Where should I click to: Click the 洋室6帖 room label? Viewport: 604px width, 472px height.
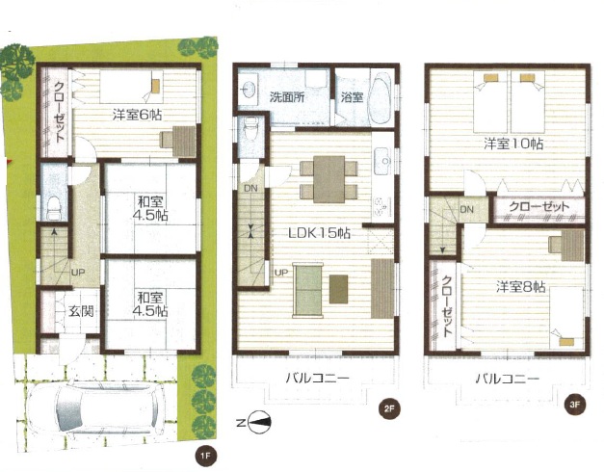(137, 115)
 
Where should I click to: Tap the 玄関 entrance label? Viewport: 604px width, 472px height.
(81, 311)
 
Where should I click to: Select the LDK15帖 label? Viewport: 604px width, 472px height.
(319, 233)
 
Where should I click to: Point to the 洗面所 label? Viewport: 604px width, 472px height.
(287, 97)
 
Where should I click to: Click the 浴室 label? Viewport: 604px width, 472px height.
(352, 97)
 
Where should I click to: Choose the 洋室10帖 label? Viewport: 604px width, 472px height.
(513, 144)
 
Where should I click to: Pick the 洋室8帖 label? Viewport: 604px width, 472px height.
(520, 287)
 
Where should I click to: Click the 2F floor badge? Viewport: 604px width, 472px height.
(389, 408)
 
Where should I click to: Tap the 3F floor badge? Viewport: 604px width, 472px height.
(575, 405)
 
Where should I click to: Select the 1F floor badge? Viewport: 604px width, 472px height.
(204, 456)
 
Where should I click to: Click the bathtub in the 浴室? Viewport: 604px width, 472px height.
(381, 97)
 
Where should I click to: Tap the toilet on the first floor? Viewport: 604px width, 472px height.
(54, 207)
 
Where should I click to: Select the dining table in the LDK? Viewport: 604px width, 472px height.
(328, 179)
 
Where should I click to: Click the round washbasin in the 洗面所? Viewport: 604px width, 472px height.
(247, 90)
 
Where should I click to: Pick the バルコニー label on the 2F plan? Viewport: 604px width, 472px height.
(317, 378)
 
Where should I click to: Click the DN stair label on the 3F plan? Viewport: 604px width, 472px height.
(467, 210)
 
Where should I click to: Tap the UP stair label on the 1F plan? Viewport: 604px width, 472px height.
(77, 273)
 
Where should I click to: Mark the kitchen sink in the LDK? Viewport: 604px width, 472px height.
(381, 161)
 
